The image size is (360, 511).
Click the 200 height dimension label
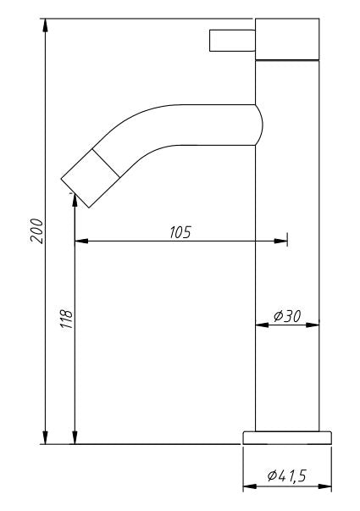click(36, 230)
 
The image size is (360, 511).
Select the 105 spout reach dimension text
click(180, 232)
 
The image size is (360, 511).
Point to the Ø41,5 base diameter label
click(286, 477)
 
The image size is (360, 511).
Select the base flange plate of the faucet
click(287, 436)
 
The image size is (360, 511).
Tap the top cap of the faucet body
click(287, 39)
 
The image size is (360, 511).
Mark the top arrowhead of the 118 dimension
click(75, 200)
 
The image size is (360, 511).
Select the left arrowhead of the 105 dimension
click(81, 242)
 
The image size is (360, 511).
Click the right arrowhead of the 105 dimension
click(280, 242)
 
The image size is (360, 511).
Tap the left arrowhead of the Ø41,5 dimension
click(249, 488)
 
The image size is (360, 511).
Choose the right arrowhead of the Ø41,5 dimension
click(325, 488)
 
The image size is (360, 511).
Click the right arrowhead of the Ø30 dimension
click(313, 324)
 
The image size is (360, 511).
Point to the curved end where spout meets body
click(258, 124)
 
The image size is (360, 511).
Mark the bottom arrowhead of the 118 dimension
click(75, 437)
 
